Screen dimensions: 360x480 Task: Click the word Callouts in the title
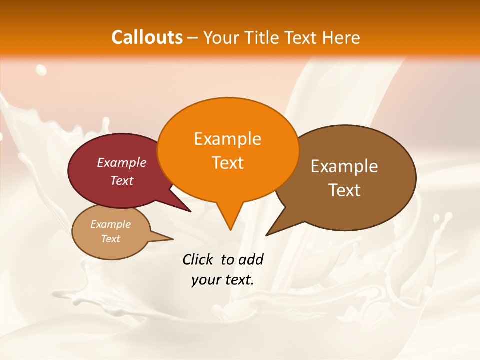(x=147, y=37)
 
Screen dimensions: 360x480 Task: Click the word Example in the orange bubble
(x=227, y=138)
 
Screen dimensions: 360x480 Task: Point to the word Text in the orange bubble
(x=227, y=162)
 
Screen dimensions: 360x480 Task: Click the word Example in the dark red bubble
(x=122, y=162)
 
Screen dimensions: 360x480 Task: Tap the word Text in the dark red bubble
(x=122, y=180)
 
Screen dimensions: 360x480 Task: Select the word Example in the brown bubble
(x=344, y=166)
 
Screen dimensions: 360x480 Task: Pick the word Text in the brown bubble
(x=344, y=190)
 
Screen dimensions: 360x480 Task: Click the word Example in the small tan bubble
(x=110, y=224)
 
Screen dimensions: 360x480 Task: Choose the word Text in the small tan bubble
(x=110, y=239)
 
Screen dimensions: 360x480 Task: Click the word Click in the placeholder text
(x=198, y=259)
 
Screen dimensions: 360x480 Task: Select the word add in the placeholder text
(x=251, y=259)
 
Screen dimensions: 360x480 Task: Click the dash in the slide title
(x=193, y=38)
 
